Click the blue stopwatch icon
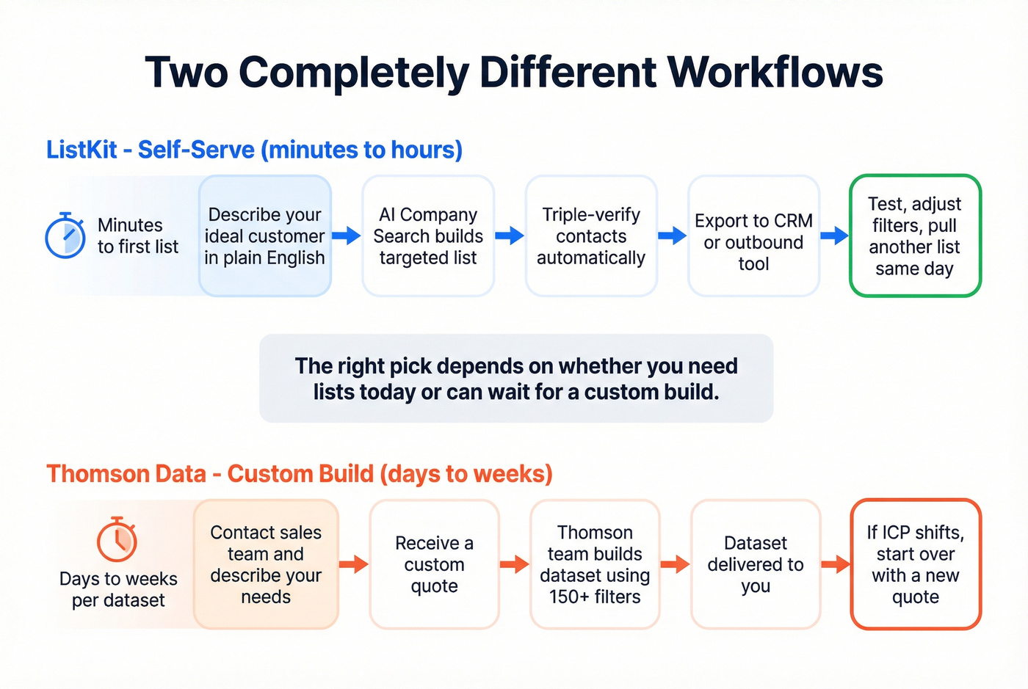pyautogui.click(x=65, y=236)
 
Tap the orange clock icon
pyautogui.click(x=117, y=539)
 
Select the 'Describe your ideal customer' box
pyautogui.click(x=265, y=236)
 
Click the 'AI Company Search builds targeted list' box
pyautogui.click(x=428, y=236)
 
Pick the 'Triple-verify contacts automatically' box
pyautogui.click(x=591, y=236)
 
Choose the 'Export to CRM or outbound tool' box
pyautogui.click(x=753, y=236)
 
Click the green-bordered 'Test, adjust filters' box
pyautogui.click(x=915, y=236)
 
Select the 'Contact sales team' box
pyautogui.click(x=266, y=564)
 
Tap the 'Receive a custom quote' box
pyautogui.click(x=434, y=564)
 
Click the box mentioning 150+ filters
pyautogui.click(x=595, y=564)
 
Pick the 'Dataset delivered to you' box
pyautogui.click(x=755, y=564)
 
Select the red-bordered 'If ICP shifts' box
pyautogui.click(x=916, y=564)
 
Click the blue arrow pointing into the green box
pyautogui.click(x=834, y=236)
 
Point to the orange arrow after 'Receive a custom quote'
pyautogui.click(x=514, y=564)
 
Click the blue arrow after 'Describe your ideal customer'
pyautogui.click(x=346, y=236)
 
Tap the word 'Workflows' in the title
pyautogui.click(x=775, y=72)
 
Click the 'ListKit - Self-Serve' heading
pyautogui.click(x=254, y=150)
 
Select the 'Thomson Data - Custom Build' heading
pyautogui.click(x=299, y=474)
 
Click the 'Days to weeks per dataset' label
pyautogui.click(x=118, y=589)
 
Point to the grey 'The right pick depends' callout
pyautogui.click(x=516, y=378)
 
